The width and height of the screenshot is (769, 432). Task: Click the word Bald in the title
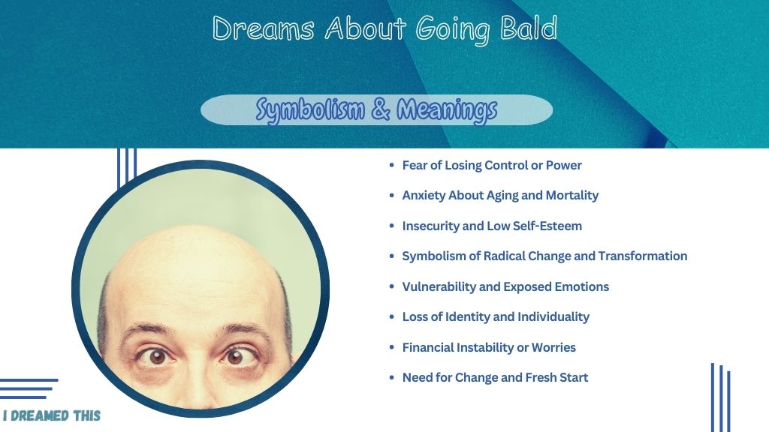[x=529, y=28]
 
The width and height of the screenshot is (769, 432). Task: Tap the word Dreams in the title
[x=263, y=28]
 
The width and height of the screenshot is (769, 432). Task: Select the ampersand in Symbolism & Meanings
[x=381, y=109]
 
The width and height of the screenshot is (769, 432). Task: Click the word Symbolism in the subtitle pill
[x=310, y=109]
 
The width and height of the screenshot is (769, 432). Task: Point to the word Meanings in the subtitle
[x=447, y=110]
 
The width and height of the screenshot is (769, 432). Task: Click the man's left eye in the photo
[x=234, y=356]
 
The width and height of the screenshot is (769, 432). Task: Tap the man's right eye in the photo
[x=157, y=356]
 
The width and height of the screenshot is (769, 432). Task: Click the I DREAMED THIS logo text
[x=52, y=415]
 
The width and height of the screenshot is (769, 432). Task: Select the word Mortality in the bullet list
[x=571, y=196]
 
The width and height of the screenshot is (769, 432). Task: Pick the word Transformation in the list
[x=643, y=256]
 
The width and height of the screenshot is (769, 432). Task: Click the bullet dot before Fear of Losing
[x=391, y=165]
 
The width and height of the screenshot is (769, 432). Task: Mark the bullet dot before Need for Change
[x=391, y=378]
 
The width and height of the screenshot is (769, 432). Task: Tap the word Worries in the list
[x=553, y=347]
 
